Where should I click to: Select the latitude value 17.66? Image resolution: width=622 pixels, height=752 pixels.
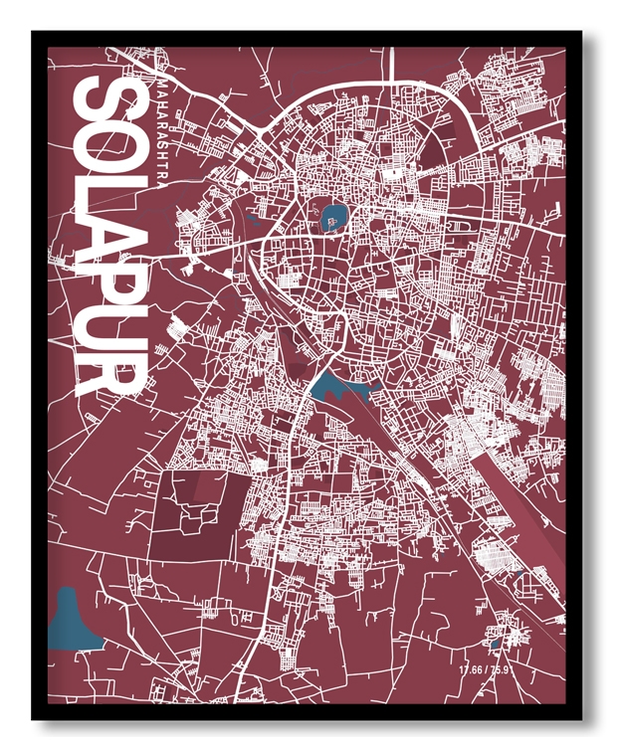pyautogui.click(x=472, y=669)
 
